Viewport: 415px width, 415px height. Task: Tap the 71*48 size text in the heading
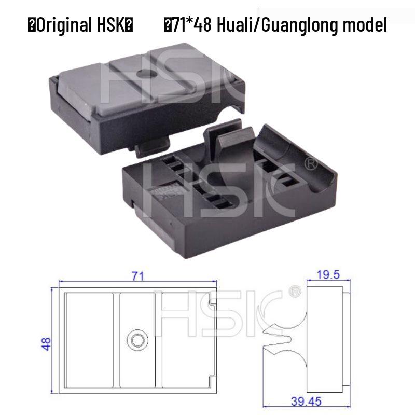192,24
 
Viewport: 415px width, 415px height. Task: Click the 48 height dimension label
47,344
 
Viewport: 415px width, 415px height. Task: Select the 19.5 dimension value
328,275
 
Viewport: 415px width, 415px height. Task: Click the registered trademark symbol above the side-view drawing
294,291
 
